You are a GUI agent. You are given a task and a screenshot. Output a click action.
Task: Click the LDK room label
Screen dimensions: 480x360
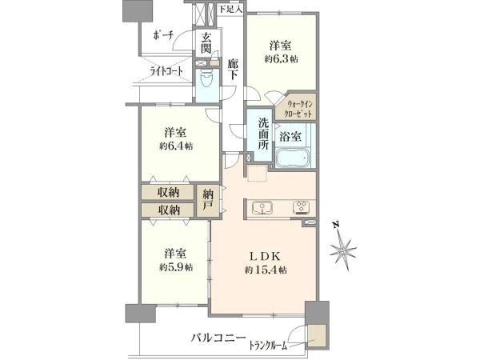(266, 256)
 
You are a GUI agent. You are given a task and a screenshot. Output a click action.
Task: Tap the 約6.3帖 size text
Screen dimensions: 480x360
(282, 59)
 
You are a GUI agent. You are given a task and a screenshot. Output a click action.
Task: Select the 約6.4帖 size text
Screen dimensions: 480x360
(176, 146)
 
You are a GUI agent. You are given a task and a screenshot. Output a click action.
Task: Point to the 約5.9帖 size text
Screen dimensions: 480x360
(176, 267)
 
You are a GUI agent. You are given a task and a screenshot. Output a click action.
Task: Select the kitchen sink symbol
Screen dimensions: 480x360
(262, 208)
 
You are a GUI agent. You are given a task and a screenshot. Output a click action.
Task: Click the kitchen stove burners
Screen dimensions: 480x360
(302, 208)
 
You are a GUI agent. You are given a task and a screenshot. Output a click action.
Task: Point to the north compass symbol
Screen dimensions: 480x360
(343, 246)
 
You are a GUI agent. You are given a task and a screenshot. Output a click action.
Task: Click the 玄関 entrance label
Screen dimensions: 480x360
(206, 42)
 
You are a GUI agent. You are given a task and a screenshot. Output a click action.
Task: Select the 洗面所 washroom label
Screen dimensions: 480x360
(263, 134)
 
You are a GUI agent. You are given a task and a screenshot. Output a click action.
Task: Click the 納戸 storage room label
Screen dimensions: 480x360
(208, 201)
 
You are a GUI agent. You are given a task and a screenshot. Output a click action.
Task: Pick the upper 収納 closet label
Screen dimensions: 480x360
(168, 192)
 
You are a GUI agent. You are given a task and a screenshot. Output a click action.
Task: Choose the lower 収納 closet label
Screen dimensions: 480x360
(168, 210)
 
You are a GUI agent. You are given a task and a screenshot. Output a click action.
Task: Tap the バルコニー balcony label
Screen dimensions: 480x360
(218, 338)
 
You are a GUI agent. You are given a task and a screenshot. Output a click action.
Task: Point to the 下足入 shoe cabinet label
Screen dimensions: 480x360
(230, 9)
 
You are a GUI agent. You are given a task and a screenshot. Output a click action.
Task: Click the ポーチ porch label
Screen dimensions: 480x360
(163, 35)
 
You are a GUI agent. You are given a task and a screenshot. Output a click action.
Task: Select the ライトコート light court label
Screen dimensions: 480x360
(166, 71)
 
